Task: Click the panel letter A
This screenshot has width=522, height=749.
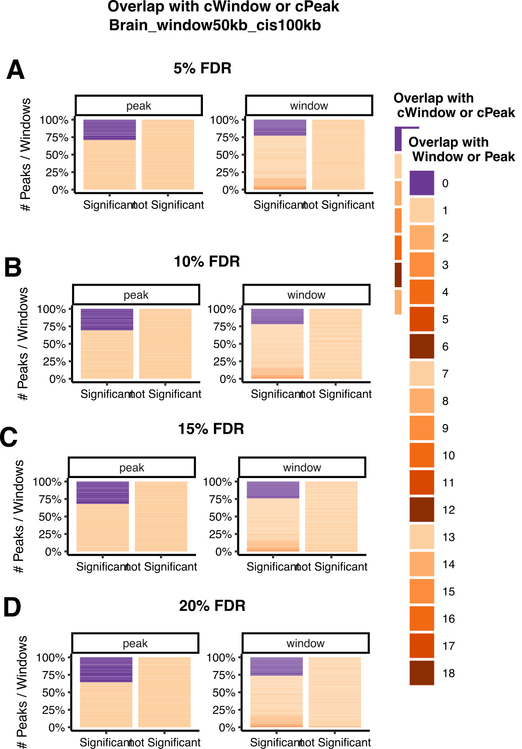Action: tap(15, 71)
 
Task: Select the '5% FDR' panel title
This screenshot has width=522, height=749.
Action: tap(202, 69)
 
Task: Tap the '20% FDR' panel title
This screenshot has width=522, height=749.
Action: tap(212, 606)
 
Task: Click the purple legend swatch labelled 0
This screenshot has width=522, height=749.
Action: tap(421, 183)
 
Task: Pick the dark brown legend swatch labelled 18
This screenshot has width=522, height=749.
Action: tap(421, 673)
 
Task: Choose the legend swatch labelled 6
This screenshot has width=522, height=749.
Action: tap(421, 346)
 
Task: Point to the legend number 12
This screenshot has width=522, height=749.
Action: tap(448, 510)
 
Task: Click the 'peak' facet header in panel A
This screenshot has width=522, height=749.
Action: tap(138, 106)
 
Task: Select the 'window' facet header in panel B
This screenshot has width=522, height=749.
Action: tap(306, 295)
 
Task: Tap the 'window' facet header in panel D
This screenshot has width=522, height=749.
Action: tap(305, 643)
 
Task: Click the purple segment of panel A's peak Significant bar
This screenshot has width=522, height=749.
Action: tap(110, 130)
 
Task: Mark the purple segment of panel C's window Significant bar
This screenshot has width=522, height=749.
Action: tap(273, 490)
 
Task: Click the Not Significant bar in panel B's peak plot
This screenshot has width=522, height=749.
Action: tap(165, 343)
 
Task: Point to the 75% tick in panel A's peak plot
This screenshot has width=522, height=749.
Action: tap(57, 137)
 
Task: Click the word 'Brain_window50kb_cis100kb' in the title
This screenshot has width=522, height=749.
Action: tap(215, 25)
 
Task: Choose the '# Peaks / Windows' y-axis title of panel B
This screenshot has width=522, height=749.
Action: tap(23, 343)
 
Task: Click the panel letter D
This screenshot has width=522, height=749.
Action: tap(12, 607)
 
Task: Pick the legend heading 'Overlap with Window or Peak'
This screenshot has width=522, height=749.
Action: tap(461, 149)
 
